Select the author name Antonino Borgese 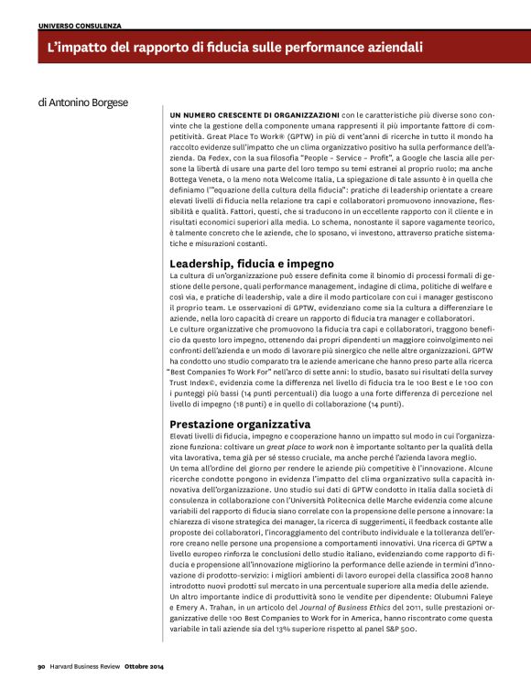click(x=85, y=103)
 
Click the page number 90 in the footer click(x=41, y=665)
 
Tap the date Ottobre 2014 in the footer click(x=144, y=665)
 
